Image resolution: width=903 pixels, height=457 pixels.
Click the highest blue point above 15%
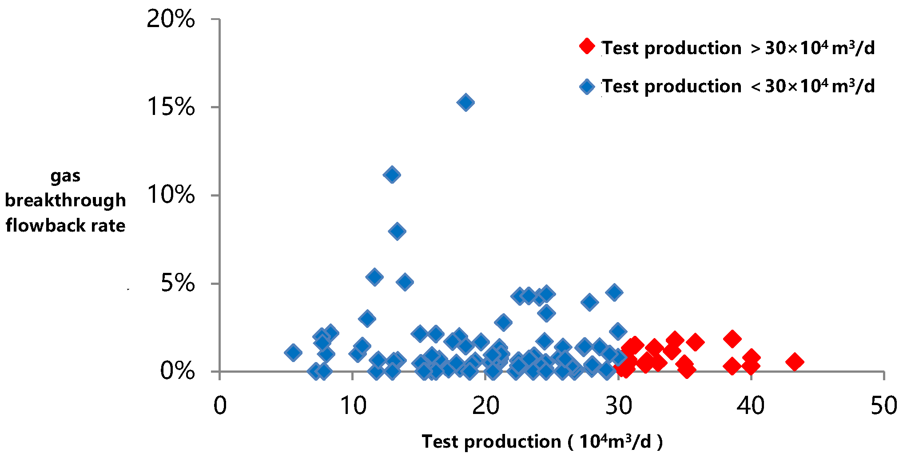465,102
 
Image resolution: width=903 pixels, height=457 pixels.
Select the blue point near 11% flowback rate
392,175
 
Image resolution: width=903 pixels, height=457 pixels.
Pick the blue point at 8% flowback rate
397,231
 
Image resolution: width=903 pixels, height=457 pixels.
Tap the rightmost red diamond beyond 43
794,362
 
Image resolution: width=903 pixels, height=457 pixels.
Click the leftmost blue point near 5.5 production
293,353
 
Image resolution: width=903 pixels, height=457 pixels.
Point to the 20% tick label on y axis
171,19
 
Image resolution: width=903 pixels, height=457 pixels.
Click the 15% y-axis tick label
171,107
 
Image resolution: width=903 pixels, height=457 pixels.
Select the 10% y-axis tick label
171,195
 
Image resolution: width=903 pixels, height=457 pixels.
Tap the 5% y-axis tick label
178,283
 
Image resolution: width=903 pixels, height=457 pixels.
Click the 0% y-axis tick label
177,370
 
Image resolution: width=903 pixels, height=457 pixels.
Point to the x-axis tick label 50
883,406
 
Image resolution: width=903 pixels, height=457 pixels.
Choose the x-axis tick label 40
751,406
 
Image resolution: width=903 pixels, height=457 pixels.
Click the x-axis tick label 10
353,406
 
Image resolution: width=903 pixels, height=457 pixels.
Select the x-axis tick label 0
220,406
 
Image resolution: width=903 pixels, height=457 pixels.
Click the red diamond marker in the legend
587,46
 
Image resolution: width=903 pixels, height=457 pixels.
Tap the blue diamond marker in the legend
587,86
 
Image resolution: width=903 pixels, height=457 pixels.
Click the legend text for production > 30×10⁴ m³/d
738,48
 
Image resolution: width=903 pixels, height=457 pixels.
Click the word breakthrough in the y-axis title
65,200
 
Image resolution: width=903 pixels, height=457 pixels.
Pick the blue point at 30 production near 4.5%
614,292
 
